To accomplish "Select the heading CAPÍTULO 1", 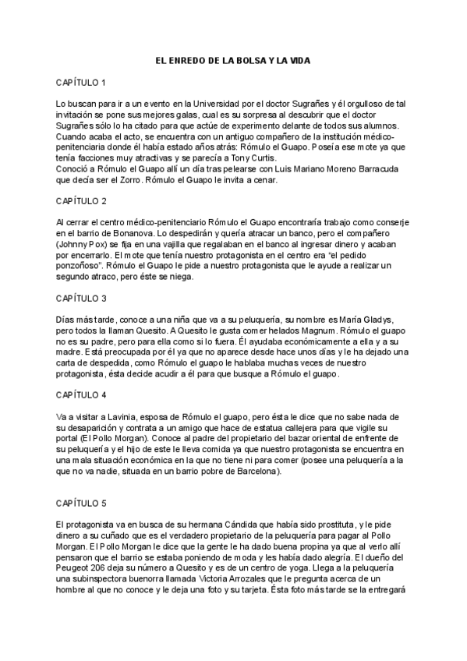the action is (x=81, y=82).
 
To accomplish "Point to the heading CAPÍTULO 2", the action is (x=81, y=200).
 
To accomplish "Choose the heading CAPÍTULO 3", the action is (x=81, y=298).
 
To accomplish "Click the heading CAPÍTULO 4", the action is (x=81, y=395).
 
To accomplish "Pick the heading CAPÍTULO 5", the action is (x=81, y=504).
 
